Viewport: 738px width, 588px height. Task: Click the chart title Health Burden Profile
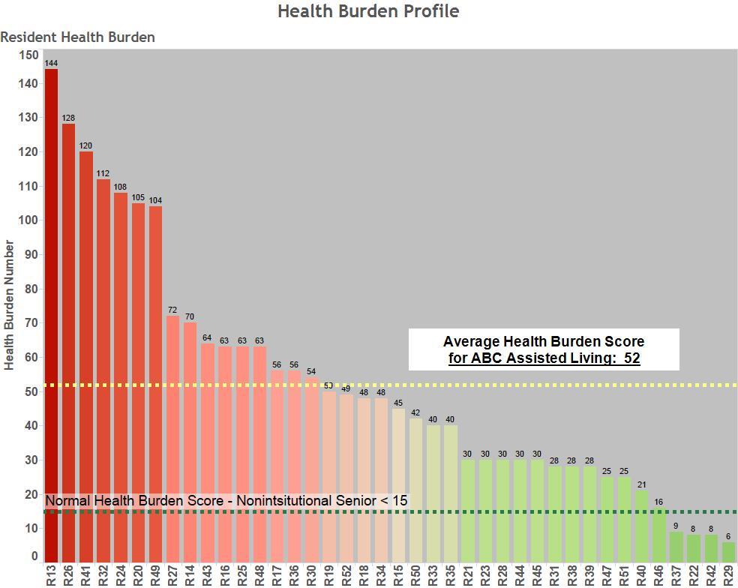(x=368, y=11)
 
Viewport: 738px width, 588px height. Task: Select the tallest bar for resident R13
(x=51, y=315)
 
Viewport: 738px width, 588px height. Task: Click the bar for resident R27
(x=172, y=438)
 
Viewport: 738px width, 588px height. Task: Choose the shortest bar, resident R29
(x=728, y=552)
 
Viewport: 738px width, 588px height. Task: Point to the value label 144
(x=51, y=64)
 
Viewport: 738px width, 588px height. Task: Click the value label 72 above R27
(x=172, y=310)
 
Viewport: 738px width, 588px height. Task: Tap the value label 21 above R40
(x=641, y=484)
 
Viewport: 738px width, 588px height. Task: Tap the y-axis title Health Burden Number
(x=10, y=304)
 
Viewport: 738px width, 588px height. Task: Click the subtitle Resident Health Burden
(x=78, y=37)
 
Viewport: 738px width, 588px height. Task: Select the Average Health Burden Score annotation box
(x=544, y=349)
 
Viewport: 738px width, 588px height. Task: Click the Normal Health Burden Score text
(x=226, y=500)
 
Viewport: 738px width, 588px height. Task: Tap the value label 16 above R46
(x=658, y=502)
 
